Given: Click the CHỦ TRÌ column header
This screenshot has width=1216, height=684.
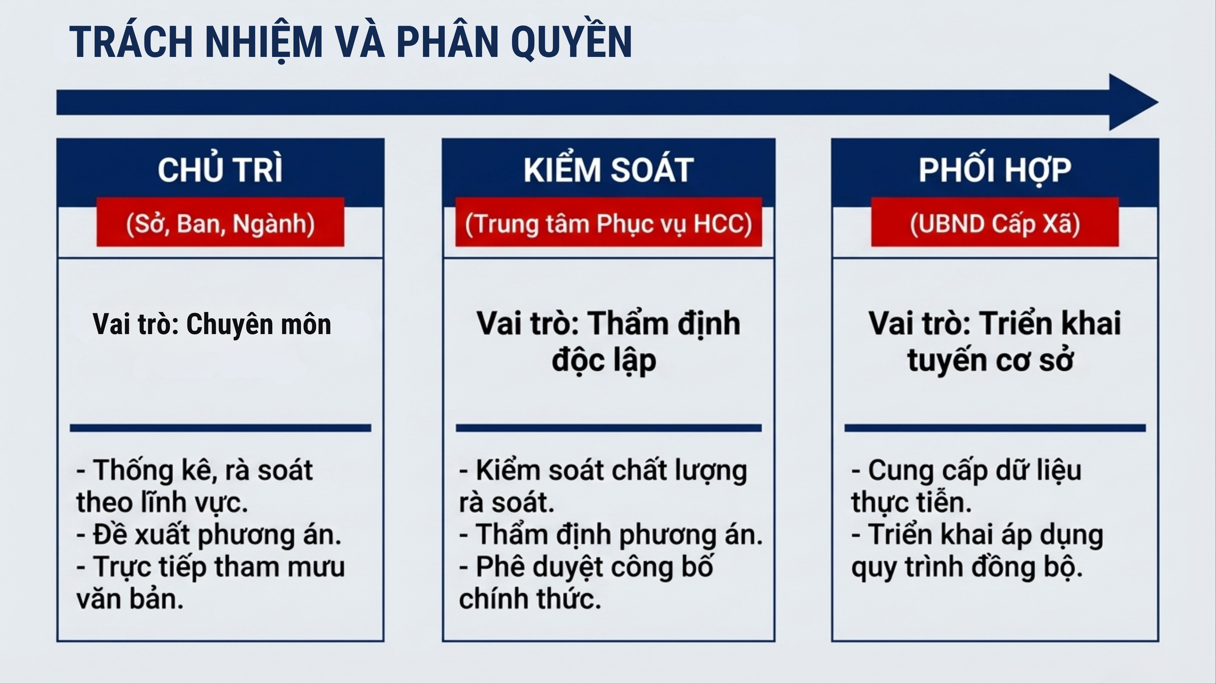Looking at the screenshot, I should click(x=220, y=170).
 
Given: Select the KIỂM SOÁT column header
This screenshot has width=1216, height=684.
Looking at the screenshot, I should click(x=608, y=170).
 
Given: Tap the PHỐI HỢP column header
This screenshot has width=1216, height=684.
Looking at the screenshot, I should click(x=995, y=170).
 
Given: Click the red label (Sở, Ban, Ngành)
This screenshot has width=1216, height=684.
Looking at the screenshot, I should click(x=220, y=223).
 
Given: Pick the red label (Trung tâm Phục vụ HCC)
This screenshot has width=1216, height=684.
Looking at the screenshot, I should click(x=608, y=223).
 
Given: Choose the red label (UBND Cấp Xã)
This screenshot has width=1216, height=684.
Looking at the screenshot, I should click(x=995, y=223).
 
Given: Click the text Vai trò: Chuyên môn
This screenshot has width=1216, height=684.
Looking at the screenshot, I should click(x=212, y=324).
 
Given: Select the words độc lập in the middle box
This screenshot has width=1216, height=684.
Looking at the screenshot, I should click(x=604, y=361).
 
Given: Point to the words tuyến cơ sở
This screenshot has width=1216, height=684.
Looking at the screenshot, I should click(x=990, y=361).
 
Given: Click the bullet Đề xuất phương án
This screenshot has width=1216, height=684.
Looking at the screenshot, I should click(x=209, y=535).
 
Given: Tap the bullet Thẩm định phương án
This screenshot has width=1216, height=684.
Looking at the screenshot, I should click(x=611, y=535).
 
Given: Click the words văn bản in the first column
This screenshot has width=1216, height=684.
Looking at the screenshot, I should click(x=130, y=599).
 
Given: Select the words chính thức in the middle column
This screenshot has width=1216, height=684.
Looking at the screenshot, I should click(x=530, y=599).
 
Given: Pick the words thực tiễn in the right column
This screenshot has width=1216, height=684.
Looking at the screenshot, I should click(x=911, y=503).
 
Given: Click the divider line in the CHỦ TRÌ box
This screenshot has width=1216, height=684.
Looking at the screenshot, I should click(x=220, y=428).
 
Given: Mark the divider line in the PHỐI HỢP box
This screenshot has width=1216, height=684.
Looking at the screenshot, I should click(x=995, y=428).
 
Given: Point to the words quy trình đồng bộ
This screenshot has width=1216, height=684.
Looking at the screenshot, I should click(x=967, y=567).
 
